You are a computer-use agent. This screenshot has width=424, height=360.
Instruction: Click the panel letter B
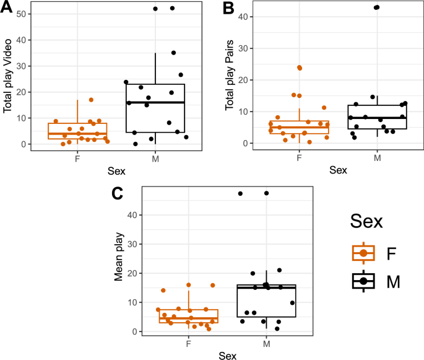[x=229, y=8]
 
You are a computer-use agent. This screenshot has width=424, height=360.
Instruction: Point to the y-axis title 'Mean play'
[x=119, y=261]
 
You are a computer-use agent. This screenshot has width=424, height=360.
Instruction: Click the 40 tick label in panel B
[x=246, y=16]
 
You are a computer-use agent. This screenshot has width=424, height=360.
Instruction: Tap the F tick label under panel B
[x=299, y=157]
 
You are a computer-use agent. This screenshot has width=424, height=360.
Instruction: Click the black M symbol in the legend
[x=363, y=281]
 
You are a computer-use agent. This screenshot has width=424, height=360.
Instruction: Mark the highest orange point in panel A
[x=91, y=100]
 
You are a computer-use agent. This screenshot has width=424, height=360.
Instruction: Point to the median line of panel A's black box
[x=159, y=102]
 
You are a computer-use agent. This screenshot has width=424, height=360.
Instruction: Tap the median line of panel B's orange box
[x=299, y=128]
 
